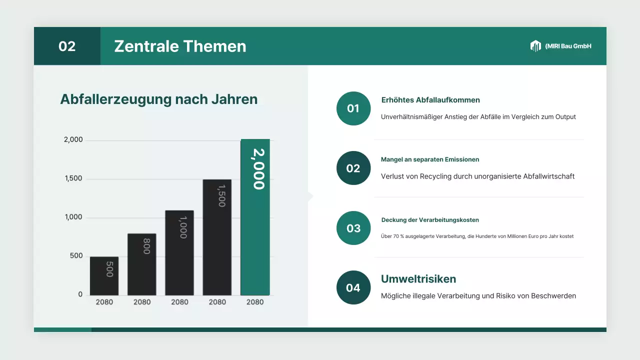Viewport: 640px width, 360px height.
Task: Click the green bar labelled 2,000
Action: click(255, 217)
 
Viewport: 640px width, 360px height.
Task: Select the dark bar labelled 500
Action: click(104, 276)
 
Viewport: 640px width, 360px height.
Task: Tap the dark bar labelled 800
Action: click(142, 264)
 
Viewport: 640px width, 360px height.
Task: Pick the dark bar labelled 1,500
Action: click(217, 237)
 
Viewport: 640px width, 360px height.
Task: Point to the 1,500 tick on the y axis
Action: click(73, 179)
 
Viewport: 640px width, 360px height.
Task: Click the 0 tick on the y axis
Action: click(80, 294)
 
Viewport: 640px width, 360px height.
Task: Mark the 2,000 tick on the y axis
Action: click(73, 140)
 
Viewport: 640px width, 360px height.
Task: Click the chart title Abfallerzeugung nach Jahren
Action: click(158, 99)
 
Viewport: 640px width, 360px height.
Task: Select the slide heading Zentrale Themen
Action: click(180, 46)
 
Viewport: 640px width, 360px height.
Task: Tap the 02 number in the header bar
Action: click(67, 46)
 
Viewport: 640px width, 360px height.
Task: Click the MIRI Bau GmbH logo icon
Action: click(535, 46)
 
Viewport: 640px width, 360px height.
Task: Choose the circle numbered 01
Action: click(353, 108)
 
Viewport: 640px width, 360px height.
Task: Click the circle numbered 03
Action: click(353, 228)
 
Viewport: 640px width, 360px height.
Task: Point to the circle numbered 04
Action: click(353, 287)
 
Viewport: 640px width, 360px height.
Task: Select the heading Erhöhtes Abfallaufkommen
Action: click(430, 100)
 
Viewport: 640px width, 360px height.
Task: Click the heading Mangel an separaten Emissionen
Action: click(430, 159)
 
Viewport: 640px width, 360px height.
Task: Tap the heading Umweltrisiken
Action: click(418, 279)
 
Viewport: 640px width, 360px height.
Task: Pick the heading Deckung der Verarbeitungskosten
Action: click(430, 220)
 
